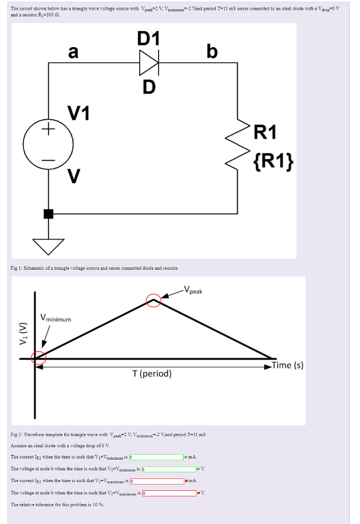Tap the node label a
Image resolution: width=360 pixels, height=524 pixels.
[74, 52]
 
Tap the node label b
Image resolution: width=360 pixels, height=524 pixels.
[212, 52]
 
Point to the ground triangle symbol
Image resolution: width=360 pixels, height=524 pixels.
[49, 246]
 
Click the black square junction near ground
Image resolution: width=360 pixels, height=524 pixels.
[49, 213]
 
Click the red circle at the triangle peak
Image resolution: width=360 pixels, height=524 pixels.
[154, 301]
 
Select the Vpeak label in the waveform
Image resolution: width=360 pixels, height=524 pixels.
[193, 291]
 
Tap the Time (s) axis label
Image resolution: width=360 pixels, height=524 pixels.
[287, 365]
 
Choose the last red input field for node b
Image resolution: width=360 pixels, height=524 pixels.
[168, 493]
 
